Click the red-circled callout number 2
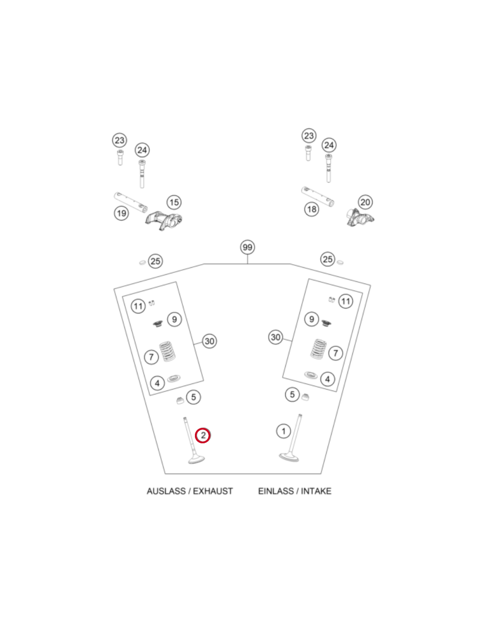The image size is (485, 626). click(x=202, y=435)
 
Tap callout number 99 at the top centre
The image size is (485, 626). click(x=247, y=247)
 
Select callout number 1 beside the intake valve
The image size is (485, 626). click(x=284, y=431)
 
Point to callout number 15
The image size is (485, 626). click(x=174, y=202)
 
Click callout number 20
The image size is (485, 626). click(x=365, y=202)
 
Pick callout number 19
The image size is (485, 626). click(x=121, y=213)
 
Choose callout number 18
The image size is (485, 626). click(x=311, y=209)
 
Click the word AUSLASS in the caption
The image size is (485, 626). click(x=166, y=491)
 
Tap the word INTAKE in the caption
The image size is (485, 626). click(x=316, y=491)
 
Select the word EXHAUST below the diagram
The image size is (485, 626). click(x=213, y=491)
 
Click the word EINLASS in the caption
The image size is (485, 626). click(x=276, y=491)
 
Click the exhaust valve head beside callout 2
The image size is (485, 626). click(x=197, y=459)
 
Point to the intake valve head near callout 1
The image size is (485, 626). click(x=289, y=457)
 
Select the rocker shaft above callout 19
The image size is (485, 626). click(x=131, y=203)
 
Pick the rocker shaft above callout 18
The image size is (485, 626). click(x=317, y=196)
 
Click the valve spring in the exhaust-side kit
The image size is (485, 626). click(x=168, y=351)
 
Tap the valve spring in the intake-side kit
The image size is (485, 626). click(x=318, y=349)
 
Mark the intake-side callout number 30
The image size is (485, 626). click(x=275, y=337)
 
